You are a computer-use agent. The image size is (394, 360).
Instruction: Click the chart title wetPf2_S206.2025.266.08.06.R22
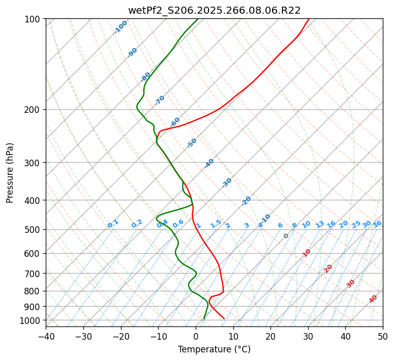click(x=214, y=10)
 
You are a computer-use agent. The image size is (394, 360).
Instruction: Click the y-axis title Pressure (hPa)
click(x=10, y=173)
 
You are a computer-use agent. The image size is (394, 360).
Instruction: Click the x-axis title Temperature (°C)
click(x=214, y=349)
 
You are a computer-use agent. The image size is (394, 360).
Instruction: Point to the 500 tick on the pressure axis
click(x=34, y=229)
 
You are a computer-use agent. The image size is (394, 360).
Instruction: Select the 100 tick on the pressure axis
click(x=34, y=19)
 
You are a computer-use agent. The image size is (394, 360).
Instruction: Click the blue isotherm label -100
click(x=121, y=27)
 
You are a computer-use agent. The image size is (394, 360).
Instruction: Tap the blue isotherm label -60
click(x=175, y=122)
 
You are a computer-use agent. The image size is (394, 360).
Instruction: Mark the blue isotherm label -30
click(x=227, y=183)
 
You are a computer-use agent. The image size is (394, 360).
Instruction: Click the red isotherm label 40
click(x=373, y=299)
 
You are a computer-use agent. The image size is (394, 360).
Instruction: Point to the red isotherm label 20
click(x=328, y=268)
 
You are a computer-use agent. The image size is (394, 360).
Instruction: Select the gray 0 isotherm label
click(x=286, y=236)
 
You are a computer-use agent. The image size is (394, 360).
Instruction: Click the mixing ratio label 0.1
click(x=113, y=224)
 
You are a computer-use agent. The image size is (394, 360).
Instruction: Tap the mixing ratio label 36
click(x=377, y=224)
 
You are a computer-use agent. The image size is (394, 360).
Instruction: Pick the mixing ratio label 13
click(x=320, y=224)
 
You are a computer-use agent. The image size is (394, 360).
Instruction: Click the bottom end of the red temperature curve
click(x=224, y=319)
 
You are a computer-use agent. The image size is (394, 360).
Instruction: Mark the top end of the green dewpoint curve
click(x=198, y=19)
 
